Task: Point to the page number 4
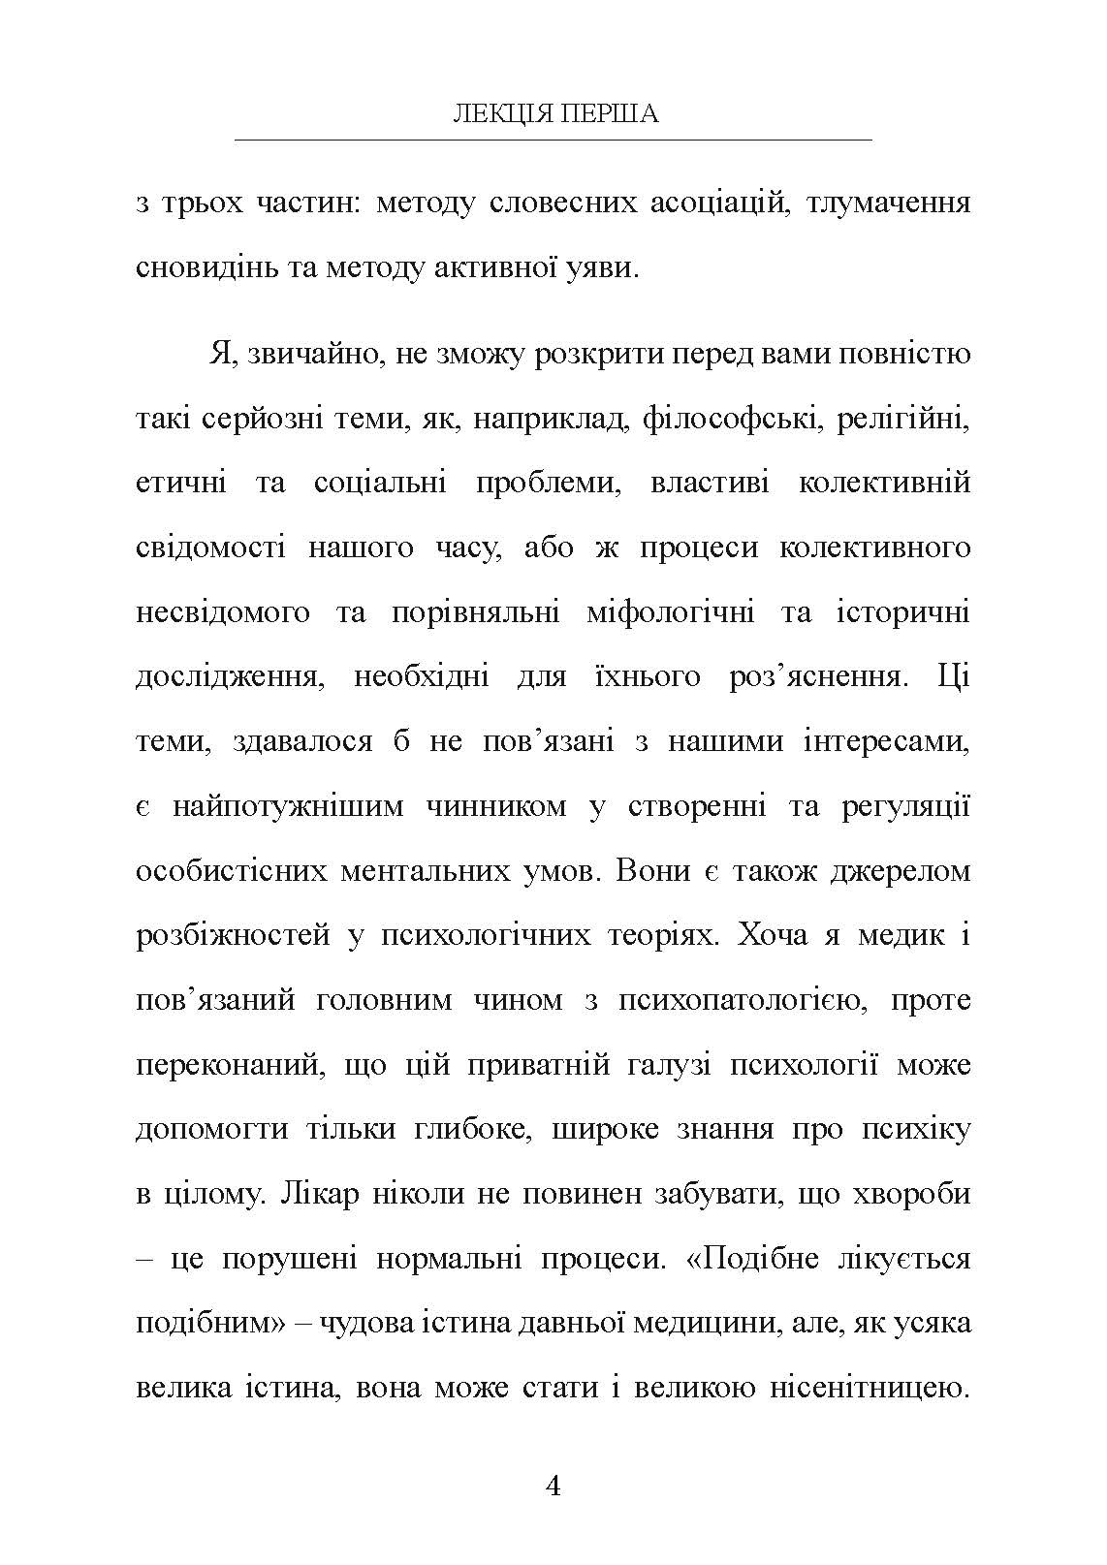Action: pos(553,1486)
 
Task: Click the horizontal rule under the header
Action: pos(553,141)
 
